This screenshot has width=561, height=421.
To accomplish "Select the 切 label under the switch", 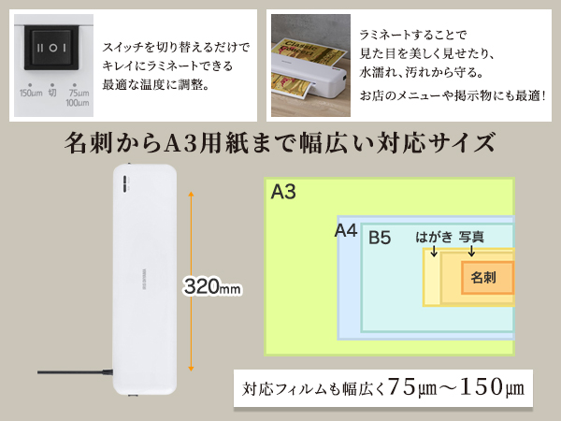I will pos(52,93).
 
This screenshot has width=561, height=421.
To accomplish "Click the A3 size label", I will pos(283,193).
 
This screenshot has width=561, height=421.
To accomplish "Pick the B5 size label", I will pos(379,238).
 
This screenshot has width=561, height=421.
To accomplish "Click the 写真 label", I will pos(471,238).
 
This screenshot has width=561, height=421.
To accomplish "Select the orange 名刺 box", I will pos(486,278).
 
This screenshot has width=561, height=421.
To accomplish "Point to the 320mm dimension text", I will pos(214,285).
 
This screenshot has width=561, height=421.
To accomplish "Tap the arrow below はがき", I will pos(435,254).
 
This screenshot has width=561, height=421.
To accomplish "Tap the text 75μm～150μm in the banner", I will pos(455,386).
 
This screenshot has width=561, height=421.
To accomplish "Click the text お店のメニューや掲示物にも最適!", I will pos(453,95).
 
